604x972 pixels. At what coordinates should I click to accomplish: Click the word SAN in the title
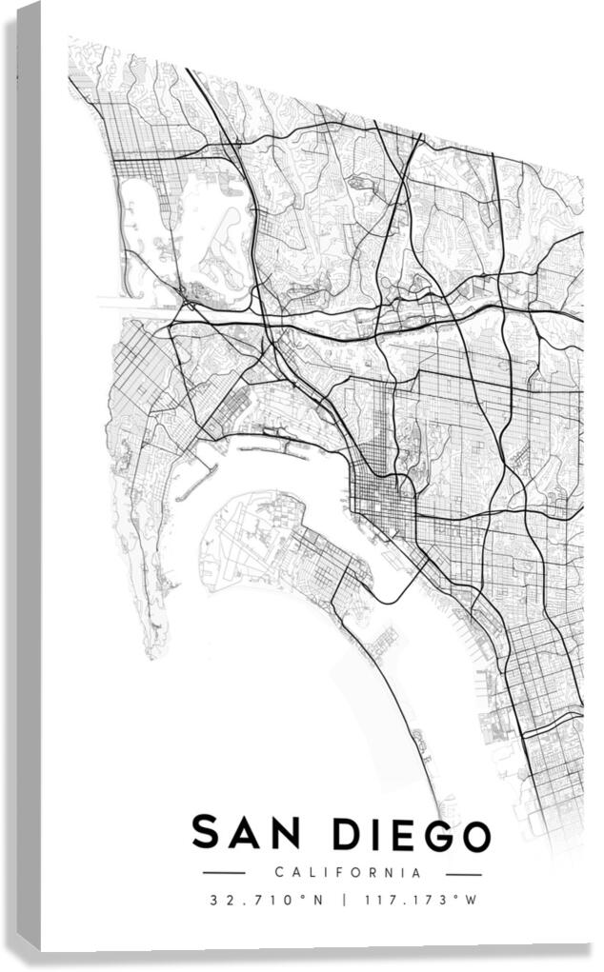point(251,833)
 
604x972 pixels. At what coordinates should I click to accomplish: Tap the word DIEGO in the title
point(413,834)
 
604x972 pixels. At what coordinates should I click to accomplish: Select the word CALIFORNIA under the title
point(347,872)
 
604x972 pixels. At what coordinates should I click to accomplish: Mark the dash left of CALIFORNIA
point(225,873)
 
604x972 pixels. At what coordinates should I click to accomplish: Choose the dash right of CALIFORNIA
point(464,873)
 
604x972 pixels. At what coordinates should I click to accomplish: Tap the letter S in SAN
point(206,833)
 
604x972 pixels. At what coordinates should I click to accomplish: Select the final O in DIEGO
point(473,835)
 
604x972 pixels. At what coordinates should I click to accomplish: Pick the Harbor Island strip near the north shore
point(276,445)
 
